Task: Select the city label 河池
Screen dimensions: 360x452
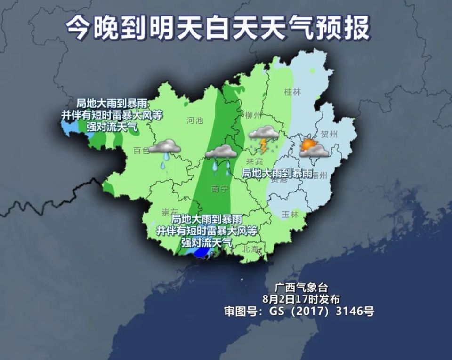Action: (x=194, y=120)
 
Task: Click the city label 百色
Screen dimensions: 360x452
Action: (x=141, y=150)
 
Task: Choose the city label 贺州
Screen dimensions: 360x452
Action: (x=329, y=135)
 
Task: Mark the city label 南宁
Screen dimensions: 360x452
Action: (x=220, y=189)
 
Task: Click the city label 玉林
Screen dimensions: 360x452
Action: (x=290, y=214)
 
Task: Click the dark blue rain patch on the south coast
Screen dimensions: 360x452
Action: (x=202, y=253)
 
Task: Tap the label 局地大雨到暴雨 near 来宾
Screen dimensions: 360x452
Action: (x=277, y=173)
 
